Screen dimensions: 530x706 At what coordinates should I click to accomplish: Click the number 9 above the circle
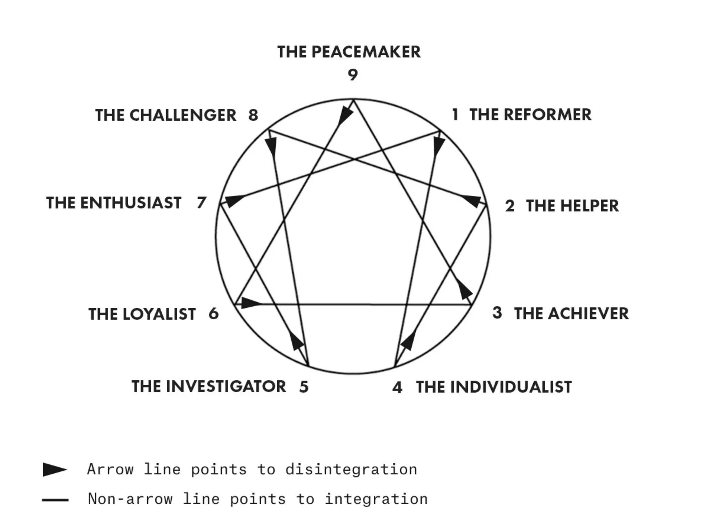click(x=353, y=75)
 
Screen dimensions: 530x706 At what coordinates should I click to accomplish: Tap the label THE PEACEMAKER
click(x=349, y=52)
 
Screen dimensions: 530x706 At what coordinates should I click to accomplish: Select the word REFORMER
click(x=547, y=115)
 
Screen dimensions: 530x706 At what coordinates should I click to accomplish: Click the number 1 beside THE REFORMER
click(x=455, y=115)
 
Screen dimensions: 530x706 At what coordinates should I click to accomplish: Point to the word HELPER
click(x=589, y=206)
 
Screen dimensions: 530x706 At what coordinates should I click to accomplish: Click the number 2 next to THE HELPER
click(x=510, y=206)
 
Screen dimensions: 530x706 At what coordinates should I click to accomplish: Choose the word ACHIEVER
click(x=588, y=314)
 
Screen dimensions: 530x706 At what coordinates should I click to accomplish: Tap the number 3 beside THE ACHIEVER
click(x=497, y=313)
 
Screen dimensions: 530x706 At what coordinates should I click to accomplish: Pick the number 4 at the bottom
click(x=397, y=387)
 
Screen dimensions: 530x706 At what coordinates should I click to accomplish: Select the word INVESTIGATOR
click(x=226, y=386)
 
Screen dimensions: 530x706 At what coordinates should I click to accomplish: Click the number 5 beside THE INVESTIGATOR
click(x=304, y=387)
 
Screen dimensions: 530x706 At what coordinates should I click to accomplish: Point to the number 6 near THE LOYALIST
click(x=214, y=314)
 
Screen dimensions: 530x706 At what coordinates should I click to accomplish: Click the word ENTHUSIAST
click(x=131, y=203)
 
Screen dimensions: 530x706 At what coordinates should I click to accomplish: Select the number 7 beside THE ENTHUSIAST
click(x=201, y=203)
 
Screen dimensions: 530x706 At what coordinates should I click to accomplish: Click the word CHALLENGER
click(x=183, y=115)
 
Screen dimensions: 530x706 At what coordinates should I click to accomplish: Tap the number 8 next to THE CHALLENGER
click(x=253, y=115)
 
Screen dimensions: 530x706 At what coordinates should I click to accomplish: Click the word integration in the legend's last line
click(x=376, y=499)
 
